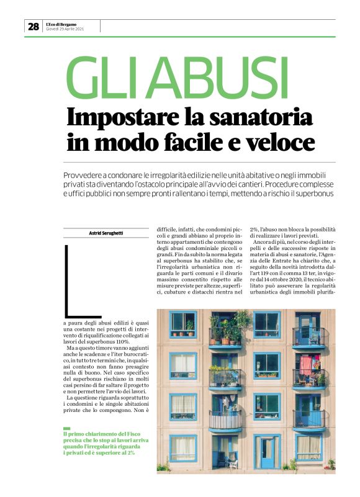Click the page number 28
33,26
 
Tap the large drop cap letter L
75,282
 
